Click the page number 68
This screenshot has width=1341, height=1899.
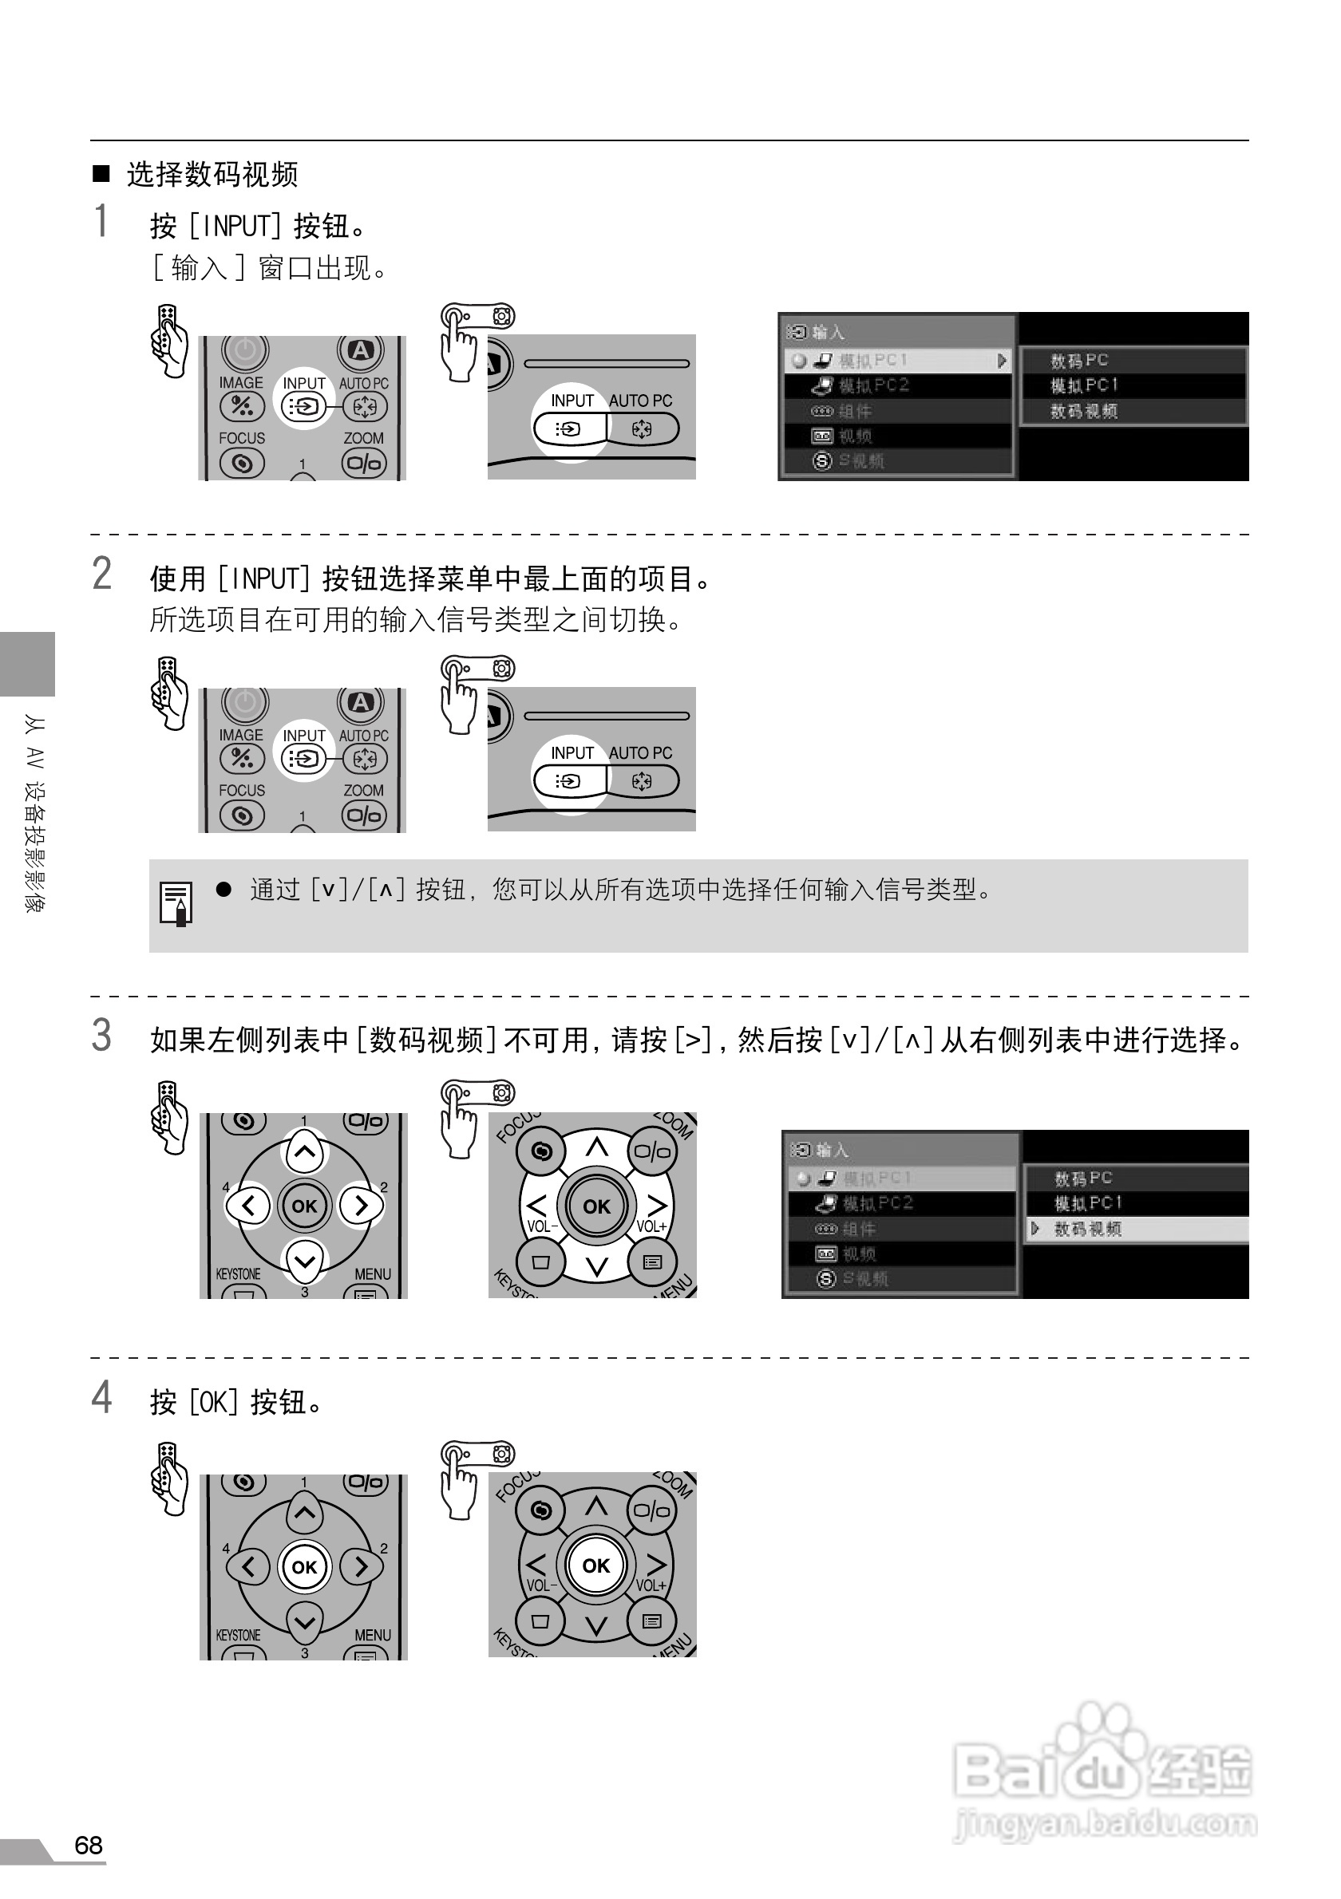(89, 1846)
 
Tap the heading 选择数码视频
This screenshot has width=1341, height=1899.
(212, 175)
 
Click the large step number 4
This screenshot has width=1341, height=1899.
(101, 1397)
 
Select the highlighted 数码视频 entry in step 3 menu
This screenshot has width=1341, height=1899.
(1087, 1229)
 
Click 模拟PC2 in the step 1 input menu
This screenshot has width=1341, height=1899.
(873, 385)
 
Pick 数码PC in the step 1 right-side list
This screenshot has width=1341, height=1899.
(1078, 361)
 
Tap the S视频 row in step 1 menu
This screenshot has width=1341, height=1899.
(860, 460)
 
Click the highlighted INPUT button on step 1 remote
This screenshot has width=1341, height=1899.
(303, 406)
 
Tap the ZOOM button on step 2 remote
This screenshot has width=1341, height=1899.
(363, 815)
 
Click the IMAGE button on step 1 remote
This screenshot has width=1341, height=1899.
(242, 405)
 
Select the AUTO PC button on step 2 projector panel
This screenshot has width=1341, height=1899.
(642, 781)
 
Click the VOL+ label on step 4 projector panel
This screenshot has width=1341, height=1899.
(651, 1585)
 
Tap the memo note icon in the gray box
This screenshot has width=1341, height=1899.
(176, 903)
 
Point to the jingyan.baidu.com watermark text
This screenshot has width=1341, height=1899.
(1106, 1823)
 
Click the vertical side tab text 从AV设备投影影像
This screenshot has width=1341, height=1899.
(35, 814)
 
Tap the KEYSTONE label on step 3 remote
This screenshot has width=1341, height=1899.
(238, 1273)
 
